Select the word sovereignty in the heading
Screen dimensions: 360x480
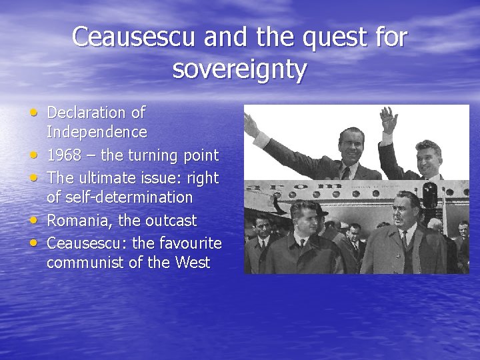[x=239, y=69]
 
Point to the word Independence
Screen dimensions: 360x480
[x=97, y=132]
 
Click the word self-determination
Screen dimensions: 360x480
[x=119, y=197]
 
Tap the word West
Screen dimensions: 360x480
[x=193, y=263]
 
